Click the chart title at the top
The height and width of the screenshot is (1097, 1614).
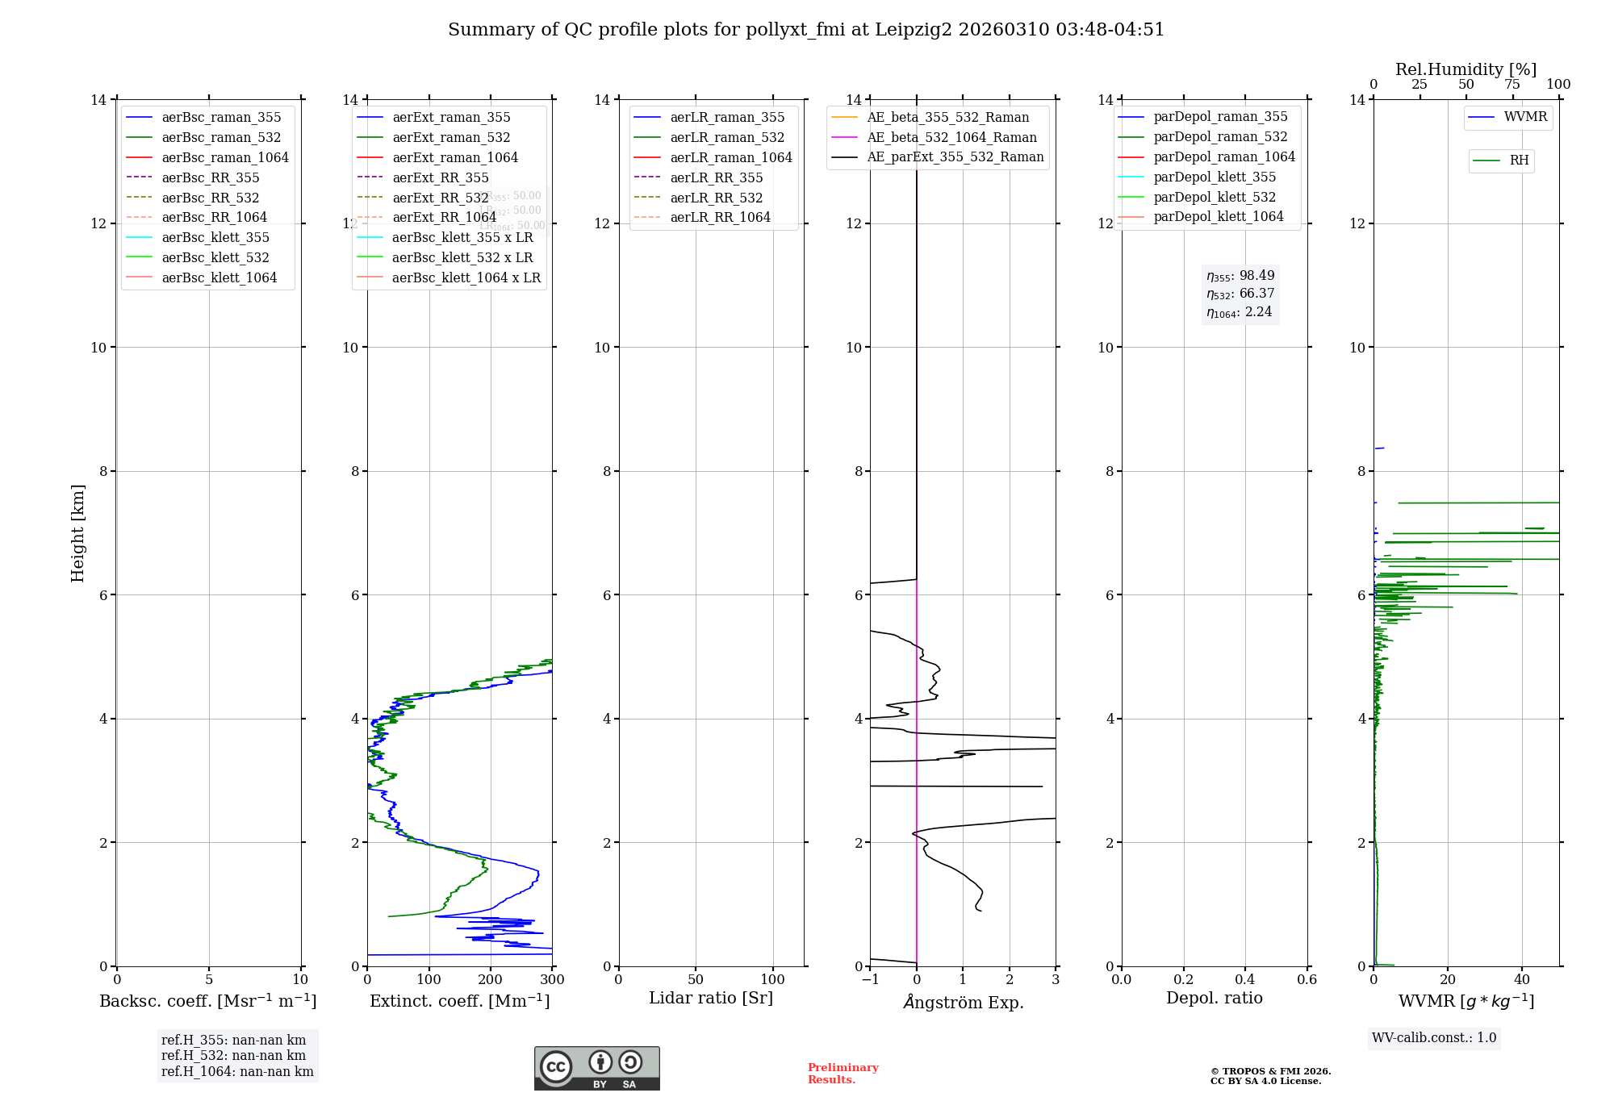click(x=806, y=30)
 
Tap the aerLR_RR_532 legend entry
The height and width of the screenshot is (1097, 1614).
click(x=716, y=198)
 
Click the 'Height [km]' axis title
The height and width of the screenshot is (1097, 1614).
click(x=77, y=532)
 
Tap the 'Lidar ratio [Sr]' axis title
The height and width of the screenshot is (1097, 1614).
click(x=711, y=998)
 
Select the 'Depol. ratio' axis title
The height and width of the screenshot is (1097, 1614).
click(x=1214, y=998)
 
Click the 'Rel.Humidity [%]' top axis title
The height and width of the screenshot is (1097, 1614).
click(x=1466, y=69)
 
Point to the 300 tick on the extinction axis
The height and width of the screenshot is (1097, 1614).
click(x=552, y=980)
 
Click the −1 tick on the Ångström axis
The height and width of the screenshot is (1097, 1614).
click(x=869, y=980)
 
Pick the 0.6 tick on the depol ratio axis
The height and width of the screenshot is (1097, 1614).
click(x=1307, y=980)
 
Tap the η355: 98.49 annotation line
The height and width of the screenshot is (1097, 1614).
click(x=1240, y=276)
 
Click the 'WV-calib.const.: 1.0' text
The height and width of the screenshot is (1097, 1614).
click(x=1434, y=1038)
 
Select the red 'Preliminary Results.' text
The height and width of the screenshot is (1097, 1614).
click(x=843, y=1074)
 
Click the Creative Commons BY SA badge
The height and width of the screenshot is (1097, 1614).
click(x=596, y=1069)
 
